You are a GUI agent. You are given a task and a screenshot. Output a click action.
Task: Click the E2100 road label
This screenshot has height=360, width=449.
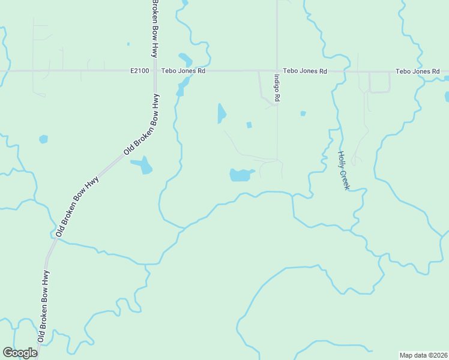point(139,71)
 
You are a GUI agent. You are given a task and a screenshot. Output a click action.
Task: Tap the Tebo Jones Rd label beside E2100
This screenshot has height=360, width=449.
point(184,71)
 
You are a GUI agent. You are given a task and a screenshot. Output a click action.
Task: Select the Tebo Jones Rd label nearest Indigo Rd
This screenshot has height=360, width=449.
point(305,71)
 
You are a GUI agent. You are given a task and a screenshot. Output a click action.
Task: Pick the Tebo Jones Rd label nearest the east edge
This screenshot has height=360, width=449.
point(418,71)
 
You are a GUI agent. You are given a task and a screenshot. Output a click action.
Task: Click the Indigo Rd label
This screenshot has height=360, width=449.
point(277,88)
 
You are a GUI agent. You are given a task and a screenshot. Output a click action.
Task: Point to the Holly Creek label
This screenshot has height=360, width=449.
point(343,170)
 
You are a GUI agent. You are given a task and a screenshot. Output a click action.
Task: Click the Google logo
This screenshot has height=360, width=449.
point(20,353)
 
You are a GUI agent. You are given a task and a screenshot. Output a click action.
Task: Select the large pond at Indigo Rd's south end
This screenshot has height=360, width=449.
point(240,175)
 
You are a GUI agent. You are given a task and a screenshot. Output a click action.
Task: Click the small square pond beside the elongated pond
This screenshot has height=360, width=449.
point(249,125)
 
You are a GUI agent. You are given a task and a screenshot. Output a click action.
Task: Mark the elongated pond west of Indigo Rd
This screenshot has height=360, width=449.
point(221,113)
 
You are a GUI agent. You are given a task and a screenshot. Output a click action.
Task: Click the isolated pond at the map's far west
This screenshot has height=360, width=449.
point(43,139)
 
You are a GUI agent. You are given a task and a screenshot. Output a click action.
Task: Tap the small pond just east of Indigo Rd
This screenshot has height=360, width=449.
point(303,113)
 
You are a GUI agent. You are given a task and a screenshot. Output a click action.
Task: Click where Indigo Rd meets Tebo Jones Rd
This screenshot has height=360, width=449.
point(277,71)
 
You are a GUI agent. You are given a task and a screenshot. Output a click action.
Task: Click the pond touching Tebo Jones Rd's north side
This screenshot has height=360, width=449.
point(185,61)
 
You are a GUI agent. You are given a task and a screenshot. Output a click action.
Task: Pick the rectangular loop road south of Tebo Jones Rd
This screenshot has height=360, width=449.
point(379,82)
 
